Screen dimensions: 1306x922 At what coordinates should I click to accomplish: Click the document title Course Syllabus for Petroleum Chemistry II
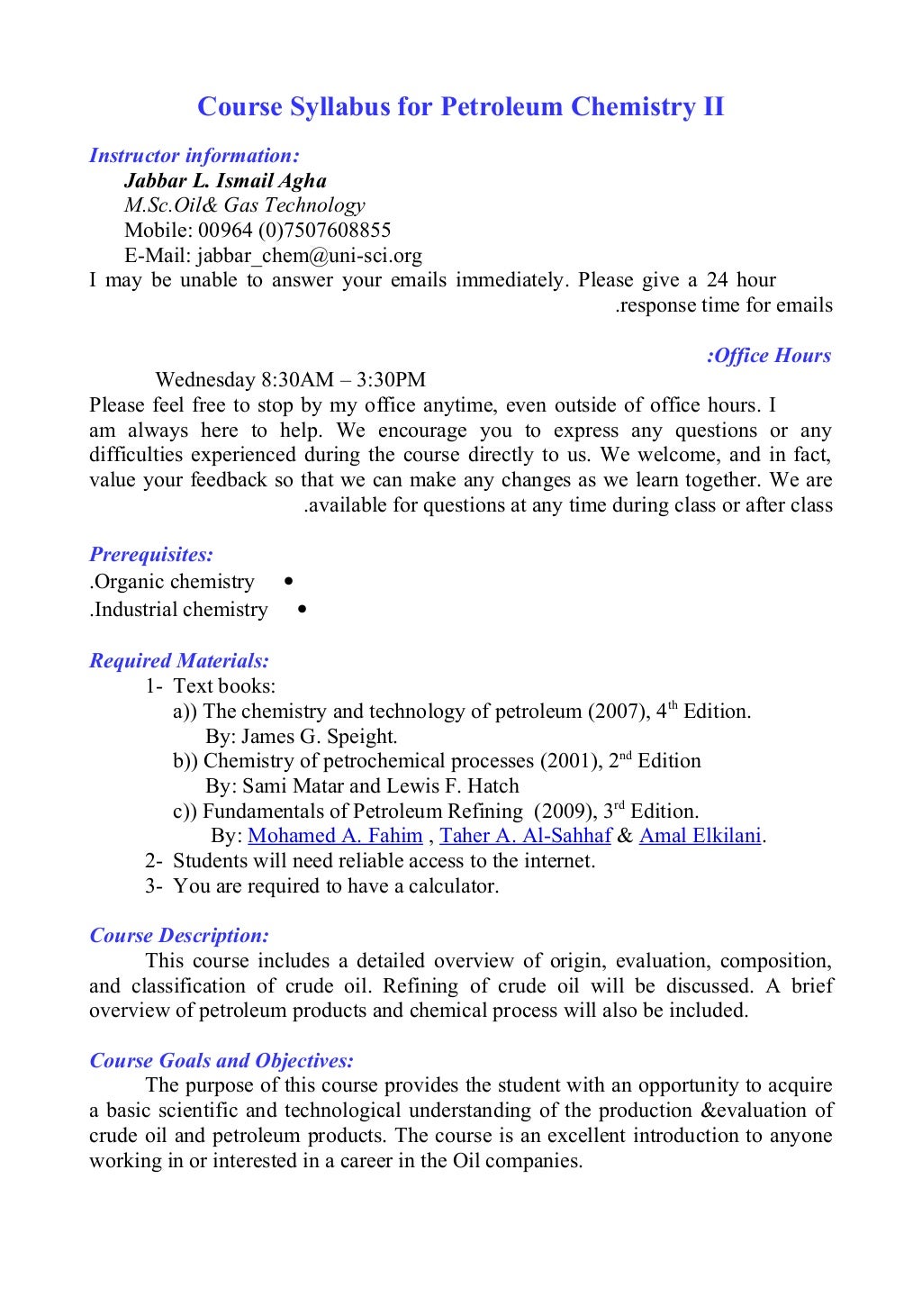point(460,107)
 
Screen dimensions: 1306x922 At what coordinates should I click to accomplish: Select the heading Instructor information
point(194,156)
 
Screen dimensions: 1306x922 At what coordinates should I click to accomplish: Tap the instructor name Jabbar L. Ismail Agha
point(225,181)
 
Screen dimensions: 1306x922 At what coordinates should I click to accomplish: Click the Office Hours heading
point(769,356)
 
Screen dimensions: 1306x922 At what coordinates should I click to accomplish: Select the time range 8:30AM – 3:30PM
point(343,380)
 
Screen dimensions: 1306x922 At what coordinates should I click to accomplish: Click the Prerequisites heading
point(151,555)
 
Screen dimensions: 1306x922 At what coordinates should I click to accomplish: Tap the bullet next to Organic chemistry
point(287,582)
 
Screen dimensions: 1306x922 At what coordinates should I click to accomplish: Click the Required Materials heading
point(179,661)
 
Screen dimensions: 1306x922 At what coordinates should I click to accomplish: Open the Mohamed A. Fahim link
point(335,836)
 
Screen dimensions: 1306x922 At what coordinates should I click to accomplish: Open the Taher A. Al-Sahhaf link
point(525,836)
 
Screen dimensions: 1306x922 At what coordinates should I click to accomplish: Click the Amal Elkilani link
point(700,836)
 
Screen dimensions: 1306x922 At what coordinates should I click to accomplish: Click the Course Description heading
point(179,936)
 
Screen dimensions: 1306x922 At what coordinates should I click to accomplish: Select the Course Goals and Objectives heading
point(221,1061)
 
